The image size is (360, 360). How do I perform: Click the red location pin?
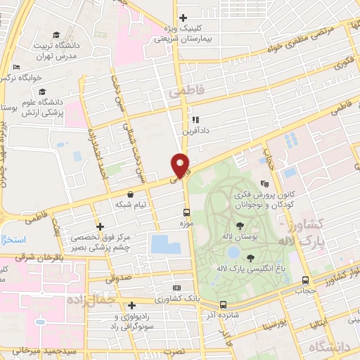(x=181, y=164)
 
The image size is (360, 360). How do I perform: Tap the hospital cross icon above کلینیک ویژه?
(x=183, y=18)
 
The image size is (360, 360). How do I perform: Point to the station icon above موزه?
(x=187, y=212)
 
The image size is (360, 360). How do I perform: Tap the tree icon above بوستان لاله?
(x=240, y=225)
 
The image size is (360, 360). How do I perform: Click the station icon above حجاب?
(x=304, y=280)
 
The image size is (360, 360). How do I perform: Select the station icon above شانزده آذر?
(x=223, y=304)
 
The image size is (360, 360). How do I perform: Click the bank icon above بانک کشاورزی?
(x=176, y=288)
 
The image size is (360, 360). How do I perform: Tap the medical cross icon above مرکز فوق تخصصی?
(x=101, y=226)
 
